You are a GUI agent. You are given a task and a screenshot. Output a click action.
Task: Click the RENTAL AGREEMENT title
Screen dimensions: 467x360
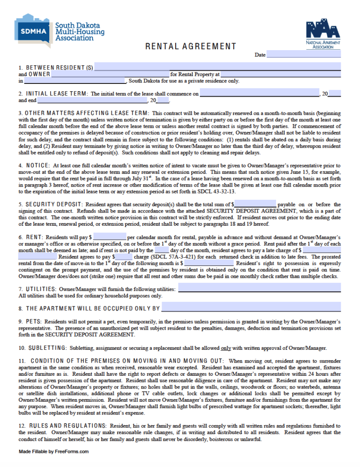click(191, 46)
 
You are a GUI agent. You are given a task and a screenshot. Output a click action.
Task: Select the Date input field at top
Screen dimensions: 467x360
click(303, 54)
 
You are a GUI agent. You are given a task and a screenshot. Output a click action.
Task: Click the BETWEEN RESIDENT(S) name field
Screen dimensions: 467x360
click(217, 67)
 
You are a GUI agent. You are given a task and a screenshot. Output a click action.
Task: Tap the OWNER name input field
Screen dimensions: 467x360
click(110, 74)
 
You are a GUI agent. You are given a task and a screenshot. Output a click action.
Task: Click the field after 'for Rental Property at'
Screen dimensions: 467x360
click(281, 74)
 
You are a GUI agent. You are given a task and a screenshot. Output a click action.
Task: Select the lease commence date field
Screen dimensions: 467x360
click(259, 93)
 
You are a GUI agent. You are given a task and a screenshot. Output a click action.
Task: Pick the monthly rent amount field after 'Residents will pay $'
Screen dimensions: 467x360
click(110, 237)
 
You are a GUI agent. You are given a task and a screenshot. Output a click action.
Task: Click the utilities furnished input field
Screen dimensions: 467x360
click(259, 288)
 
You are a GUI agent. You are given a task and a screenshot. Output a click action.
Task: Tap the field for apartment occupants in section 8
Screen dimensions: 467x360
click(251, 308)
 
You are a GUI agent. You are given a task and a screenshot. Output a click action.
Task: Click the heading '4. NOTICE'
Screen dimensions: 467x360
click(34, 165)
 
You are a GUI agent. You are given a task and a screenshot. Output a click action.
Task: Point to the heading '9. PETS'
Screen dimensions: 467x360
click(30, 322)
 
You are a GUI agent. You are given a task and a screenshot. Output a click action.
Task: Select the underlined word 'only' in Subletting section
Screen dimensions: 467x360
click(225, 348)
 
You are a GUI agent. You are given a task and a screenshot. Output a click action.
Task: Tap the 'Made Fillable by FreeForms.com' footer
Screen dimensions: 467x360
click(53, 451)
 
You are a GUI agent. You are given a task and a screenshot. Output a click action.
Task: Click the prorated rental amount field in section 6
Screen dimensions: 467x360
click(209, 263)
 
